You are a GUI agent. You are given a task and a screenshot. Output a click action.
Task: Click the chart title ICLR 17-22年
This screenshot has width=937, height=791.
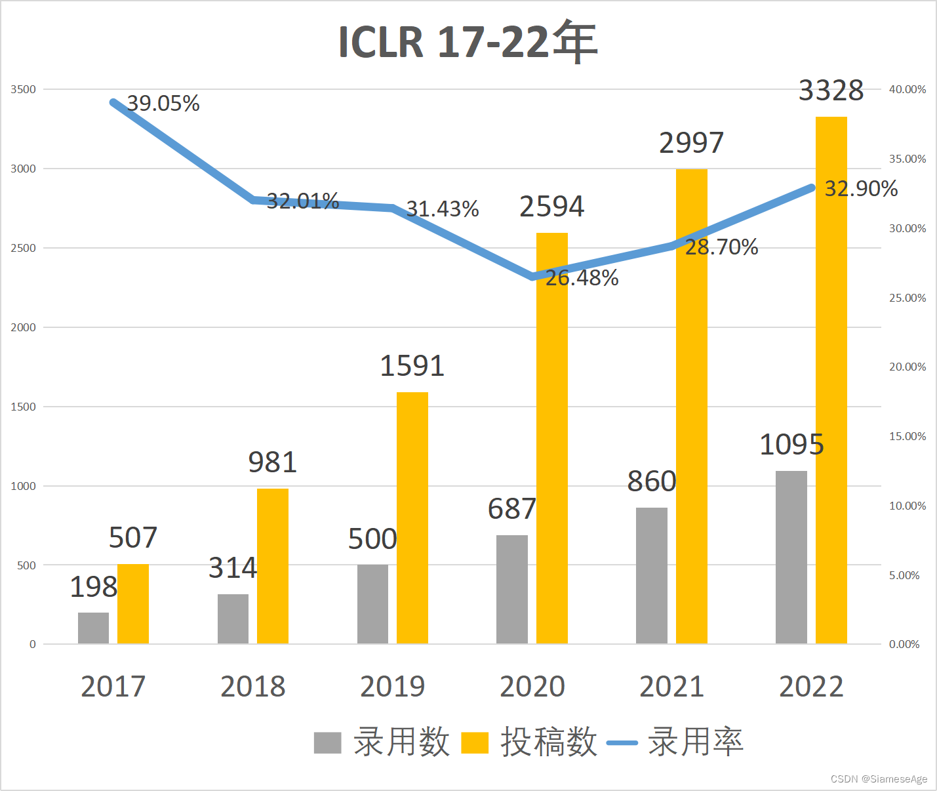468,42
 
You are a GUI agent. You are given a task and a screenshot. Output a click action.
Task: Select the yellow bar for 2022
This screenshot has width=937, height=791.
831,380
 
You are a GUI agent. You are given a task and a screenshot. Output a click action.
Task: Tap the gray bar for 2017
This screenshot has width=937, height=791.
94,628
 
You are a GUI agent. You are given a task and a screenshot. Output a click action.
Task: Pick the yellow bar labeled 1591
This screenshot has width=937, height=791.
412,518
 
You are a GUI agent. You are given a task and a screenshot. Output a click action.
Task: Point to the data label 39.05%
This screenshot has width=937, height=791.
163,104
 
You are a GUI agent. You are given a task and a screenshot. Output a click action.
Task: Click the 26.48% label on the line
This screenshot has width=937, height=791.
582,278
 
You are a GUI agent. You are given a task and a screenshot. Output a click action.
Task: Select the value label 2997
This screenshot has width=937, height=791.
691,143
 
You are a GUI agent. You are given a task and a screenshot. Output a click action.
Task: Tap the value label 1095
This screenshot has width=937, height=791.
791,445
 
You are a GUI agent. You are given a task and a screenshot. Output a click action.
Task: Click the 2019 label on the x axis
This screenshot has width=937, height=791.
393,687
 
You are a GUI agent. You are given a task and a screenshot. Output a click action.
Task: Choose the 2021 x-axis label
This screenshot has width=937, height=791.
671,687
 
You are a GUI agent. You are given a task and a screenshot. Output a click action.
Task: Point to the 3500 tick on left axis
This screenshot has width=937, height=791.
23,89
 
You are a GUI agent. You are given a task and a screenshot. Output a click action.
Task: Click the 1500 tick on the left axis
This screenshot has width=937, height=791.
23,407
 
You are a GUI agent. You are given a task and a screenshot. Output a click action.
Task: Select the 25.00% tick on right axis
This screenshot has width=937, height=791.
907,298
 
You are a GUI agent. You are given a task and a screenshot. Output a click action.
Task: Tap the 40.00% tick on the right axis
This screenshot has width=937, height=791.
907,89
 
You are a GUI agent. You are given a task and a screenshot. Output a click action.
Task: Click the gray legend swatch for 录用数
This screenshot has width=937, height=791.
328,743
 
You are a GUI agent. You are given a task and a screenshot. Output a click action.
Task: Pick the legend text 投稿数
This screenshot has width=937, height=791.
549,742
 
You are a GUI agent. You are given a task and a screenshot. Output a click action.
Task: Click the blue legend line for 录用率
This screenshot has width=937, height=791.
622,743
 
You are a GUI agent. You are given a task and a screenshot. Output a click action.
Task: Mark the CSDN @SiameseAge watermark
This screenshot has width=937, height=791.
879,779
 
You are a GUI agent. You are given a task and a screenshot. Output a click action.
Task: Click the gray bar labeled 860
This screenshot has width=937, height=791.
652,575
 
